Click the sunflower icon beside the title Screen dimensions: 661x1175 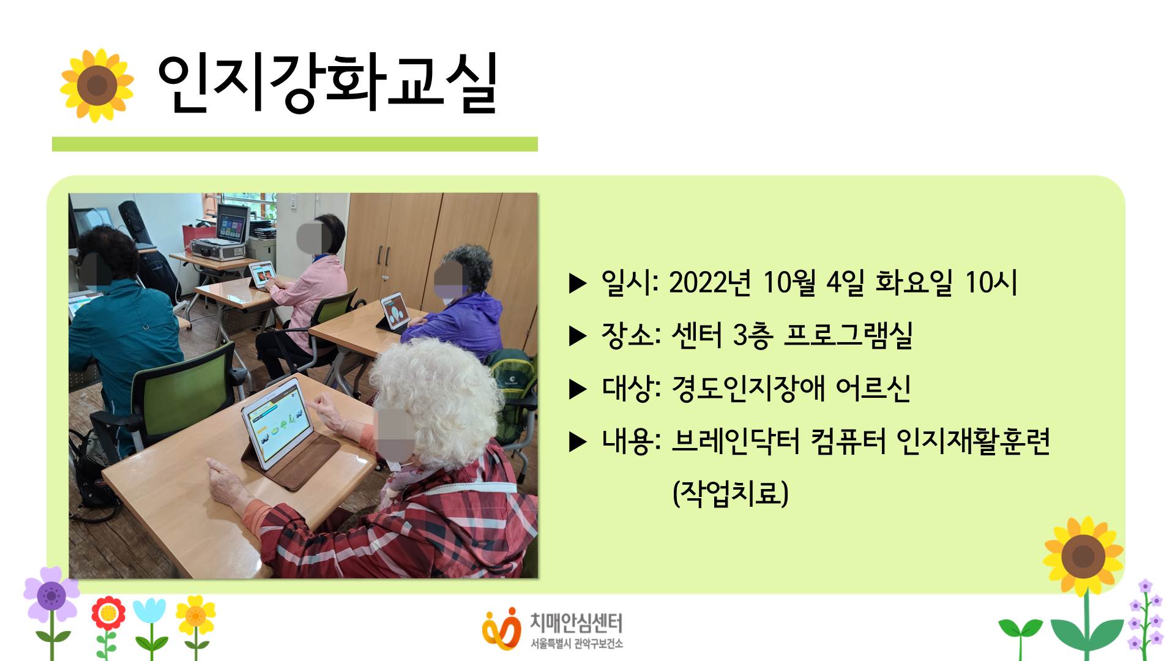pos(97,85)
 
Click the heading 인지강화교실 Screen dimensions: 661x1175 pos(327,83)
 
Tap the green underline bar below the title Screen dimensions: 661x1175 pos(294,144)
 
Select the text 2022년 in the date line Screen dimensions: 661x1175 pos(709,283)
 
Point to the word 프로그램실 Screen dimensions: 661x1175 pos(848,335)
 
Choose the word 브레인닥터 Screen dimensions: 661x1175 pos(735,441)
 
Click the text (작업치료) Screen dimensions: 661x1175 pos(730,493)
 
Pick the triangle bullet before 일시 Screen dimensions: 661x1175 pos(578,283)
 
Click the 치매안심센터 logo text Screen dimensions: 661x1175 pos(576,623)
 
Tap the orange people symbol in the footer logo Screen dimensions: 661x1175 pos(501,628)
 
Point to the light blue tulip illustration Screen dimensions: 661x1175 pos(149,612)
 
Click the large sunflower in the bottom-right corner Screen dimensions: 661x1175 pos(1083,556)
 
